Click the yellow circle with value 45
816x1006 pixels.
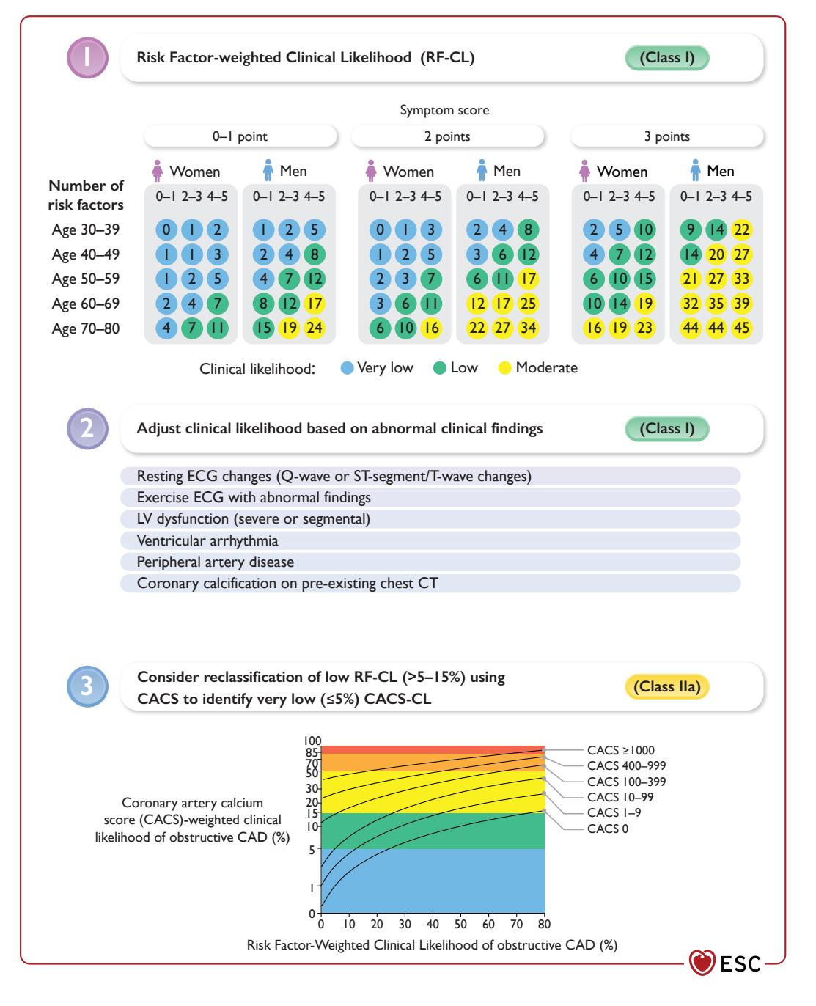741,327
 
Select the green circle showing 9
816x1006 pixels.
691,230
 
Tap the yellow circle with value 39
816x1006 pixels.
741,304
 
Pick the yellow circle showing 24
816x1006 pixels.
314,327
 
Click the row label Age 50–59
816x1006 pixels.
86,279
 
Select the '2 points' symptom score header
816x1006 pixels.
447,136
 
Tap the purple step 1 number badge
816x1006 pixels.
87,58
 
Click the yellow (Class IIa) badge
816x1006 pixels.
666,686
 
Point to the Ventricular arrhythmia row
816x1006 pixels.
430,540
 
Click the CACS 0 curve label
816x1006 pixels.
607,829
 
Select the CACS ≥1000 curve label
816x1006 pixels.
620,750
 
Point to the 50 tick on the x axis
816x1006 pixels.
460,924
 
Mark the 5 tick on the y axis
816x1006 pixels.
312,850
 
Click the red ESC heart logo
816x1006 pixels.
702,962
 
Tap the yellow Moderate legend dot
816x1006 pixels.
504,368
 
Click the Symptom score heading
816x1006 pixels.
444,110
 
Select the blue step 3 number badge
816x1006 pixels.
87,686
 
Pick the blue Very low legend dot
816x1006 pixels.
347,368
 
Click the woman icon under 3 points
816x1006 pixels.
584,171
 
